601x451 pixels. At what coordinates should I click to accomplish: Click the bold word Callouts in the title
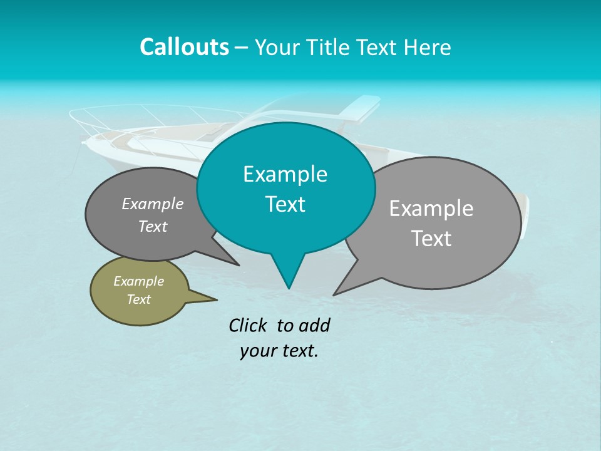pos(184,47)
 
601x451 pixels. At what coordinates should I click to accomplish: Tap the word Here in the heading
pos(428,48)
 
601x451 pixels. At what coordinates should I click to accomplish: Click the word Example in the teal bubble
pos(285,174)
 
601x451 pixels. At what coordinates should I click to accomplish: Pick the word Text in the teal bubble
pos(285,204)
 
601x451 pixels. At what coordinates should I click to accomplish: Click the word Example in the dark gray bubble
pos(153,204)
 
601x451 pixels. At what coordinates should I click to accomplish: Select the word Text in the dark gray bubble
pos(153,226)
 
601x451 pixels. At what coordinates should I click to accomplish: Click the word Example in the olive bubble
pos(138,281)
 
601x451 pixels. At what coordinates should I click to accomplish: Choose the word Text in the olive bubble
pos(138,299)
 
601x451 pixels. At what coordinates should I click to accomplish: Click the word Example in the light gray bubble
pos(431,208)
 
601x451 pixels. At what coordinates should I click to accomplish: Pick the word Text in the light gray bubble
pos(431,238)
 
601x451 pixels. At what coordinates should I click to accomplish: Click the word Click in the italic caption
pos(249,325)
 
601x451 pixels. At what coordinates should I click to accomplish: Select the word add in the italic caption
pos(314,325)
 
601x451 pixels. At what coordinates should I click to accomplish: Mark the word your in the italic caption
pos(259,351)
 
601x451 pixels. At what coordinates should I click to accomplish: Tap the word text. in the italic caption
pos(298,351)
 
